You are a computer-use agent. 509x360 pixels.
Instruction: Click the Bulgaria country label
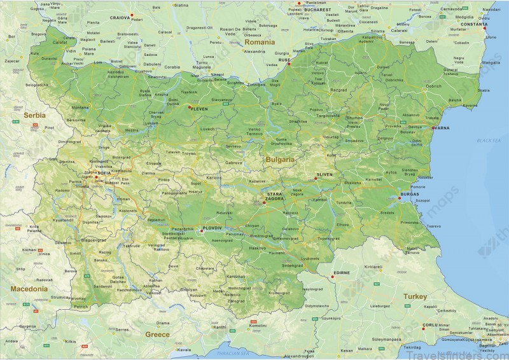click(x=281, y=159)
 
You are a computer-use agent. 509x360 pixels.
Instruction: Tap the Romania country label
click(x=260, y=42)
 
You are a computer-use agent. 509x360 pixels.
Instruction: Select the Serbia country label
click(x=35, y=116)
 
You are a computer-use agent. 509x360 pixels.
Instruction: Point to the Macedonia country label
click(x=29, y=288)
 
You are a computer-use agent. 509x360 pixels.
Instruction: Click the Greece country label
click(x=157, y=333)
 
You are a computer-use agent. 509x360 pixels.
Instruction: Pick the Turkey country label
click(x=414, y=296)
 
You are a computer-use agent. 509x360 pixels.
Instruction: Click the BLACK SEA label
click(x=489, y=140)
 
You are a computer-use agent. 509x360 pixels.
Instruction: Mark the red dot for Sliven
click(x=316, y=179)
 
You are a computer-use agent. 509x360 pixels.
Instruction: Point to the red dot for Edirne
click(x=332, y=277)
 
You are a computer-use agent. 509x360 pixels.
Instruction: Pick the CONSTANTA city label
click(x=474, y=24)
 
